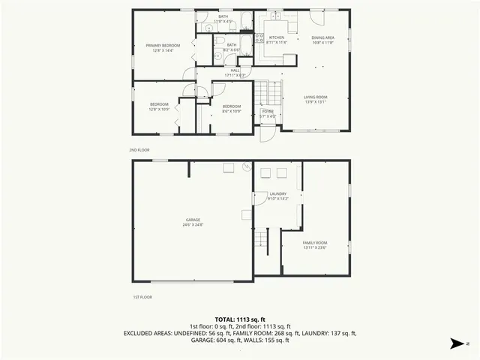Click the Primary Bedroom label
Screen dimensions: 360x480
click(x=163, y=45)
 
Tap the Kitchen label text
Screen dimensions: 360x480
click(x=277, y=37)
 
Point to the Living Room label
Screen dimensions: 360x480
click(x=315, y=97)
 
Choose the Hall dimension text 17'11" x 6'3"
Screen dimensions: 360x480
click(x=235, y=75)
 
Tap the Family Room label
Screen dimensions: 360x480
click(x=315, y=244)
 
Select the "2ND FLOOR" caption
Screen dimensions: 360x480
click(x=138, y=150)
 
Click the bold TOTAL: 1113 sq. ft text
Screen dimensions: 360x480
click(x=239, y=319)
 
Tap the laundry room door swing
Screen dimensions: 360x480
click(x=260, y=197)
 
